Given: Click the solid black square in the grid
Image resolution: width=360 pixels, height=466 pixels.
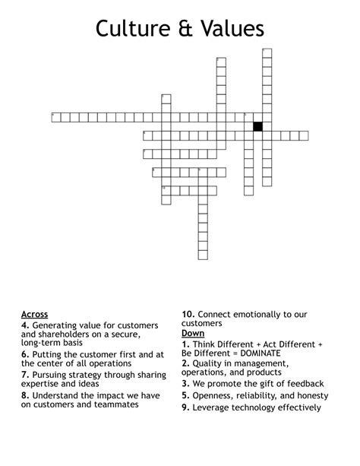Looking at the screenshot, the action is tap(257, 126).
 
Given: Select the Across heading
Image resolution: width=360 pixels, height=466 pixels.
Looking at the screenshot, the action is tap(35, 315).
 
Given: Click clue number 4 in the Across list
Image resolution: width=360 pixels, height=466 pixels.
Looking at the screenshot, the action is tap(25, 325).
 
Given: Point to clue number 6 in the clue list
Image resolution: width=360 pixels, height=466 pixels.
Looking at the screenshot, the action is tap(25, 354).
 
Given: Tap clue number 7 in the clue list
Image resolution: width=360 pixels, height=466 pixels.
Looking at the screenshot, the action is tap(25, 375).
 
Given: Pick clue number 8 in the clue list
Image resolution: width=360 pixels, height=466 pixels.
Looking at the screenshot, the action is tap(25, 395).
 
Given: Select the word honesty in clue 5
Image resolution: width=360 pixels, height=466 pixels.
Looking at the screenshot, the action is tap(304, 395).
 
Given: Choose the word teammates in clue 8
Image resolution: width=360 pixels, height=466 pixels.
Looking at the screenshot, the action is tap(113, 404).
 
